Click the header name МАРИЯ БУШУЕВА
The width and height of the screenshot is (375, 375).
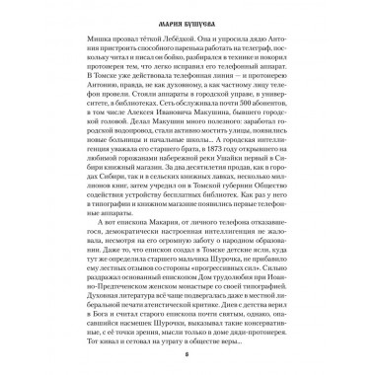pos(188,15)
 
